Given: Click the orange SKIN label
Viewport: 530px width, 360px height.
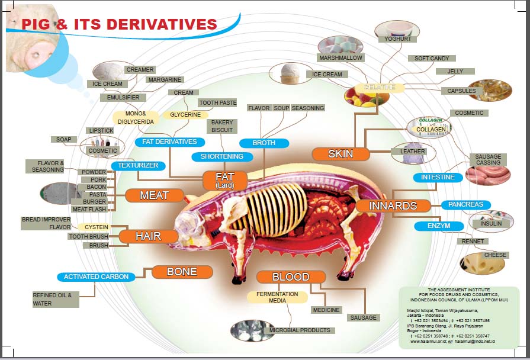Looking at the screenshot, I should click(x=341, y=154).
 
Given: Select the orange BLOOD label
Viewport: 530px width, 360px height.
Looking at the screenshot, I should click(x=291, y=277).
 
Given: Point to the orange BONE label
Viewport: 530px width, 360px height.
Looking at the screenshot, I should click(x=182, y=272).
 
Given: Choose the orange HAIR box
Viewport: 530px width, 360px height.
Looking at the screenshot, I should click(x=148, y=236).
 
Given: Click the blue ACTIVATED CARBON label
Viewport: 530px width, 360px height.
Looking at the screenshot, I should click(x=96, y=277).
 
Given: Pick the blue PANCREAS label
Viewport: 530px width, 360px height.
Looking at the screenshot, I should click(x=465, y=205).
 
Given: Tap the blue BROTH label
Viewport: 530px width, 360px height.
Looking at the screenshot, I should click(x=264, y=143).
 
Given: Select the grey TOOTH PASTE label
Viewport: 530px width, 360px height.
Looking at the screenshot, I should click(x=217, y=103).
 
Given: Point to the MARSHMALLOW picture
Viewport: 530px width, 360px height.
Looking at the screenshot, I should click(x=341, y=46).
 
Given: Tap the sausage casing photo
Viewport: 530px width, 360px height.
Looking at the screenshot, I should click(x=487, y=175).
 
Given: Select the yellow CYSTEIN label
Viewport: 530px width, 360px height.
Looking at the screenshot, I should click(x=96, y=227).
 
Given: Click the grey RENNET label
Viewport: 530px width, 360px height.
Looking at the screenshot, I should click(x=473, y=242).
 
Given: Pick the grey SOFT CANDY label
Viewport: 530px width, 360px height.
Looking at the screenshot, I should click(x=431, y=59).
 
